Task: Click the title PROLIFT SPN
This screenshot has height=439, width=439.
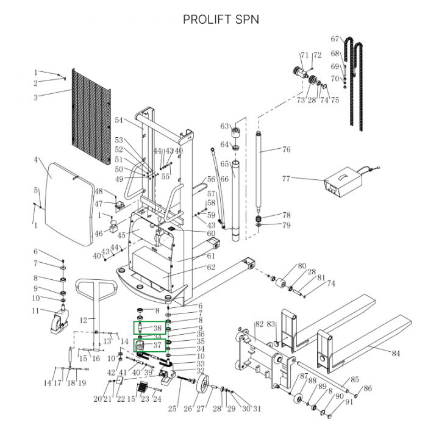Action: [221, 19]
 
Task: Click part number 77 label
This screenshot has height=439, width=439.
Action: [286, 179]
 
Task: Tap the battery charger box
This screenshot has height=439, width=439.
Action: [342, 183]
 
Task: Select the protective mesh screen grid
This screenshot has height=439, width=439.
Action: [90, 113]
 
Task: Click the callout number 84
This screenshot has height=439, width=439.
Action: [396, 353]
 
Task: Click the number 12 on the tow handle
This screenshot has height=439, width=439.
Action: [84, 319]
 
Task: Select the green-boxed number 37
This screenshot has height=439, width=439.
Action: [157, 345]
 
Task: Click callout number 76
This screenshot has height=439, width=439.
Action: [286, 149]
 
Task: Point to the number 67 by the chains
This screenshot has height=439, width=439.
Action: [335, 39]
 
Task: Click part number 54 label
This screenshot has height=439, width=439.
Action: [119, 120]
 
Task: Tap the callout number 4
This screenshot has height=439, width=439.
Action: [37, 160]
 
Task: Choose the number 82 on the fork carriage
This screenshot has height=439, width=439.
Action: [259, 324]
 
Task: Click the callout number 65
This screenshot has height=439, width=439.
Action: [224, 165]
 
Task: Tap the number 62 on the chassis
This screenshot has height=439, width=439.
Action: [211, 267]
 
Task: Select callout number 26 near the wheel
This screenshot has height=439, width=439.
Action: [188, 409]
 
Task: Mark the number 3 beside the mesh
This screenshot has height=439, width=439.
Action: [36, 98]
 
